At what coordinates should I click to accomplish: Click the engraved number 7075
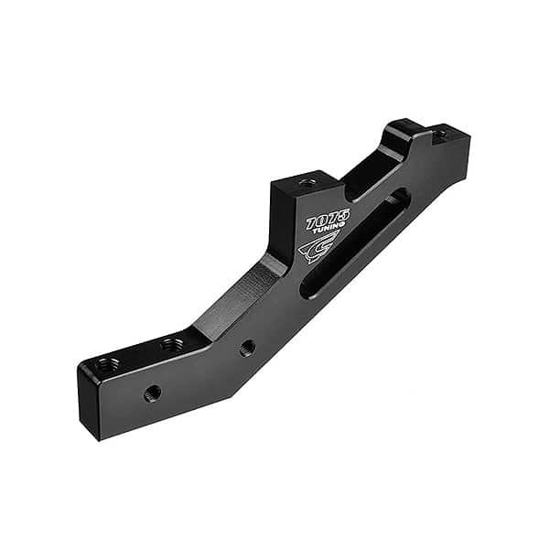click(x=328, y=221)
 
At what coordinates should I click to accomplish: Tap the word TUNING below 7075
click(x=328, y=231)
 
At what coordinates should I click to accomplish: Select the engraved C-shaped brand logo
click(x=318, y=248)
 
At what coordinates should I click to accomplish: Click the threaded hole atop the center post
click(x=308, y=181)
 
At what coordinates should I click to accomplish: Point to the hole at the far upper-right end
click(x=441, y=134)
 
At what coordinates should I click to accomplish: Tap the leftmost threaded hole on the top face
click(x=107, y=364)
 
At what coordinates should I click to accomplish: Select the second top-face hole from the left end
click(x=171, y=344)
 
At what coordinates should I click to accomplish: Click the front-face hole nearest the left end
click(x=153, y=393)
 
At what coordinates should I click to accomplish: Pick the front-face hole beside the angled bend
click(x=247, y=348)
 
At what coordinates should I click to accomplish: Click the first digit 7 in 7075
click(x=312, y=225)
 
